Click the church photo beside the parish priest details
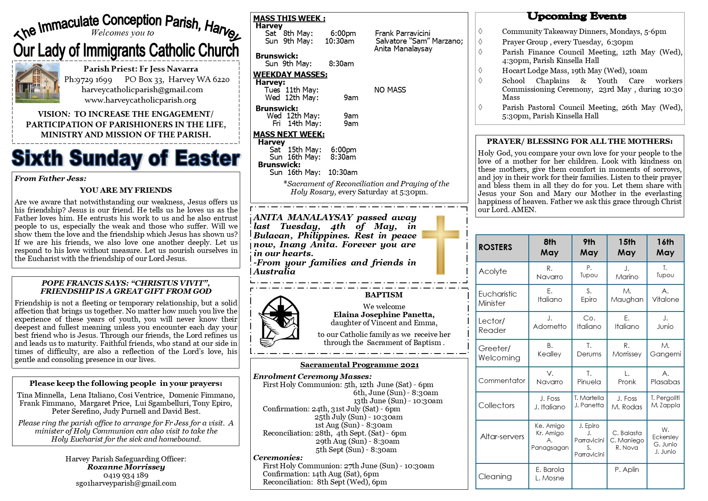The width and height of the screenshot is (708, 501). (x=37, y=82)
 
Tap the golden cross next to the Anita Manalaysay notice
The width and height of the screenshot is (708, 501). (x=440, y=245)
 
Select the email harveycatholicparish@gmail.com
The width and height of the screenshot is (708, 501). (x=142, y=90)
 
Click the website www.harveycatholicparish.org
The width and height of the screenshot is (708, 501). (x=140, y=100)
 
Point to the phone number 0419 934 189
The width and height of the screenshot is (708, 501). (x=126, y=475)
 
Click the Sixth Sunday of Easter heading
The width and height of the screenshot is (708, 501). (x=126, y=158)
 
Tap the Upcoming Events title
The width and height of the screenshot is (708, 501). (x=576, y=17)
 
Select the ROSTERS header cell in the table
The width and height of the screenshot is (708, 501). (x=502, y=247)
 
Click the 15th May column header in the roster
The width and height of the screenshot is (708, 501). (x=626, y=247)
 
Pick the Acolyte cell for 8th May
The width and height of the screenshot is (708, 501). (x=549, y=273)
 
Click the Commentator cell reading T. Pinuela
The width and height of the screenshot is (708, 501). (x=589, y=378)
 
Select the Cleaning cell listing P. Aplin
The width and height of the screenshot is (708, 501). (x=626, y=469)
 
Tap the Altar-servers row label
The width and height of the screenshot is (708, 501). (x=502, y=436)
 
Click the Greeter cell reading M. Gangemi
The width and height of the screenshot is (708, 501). (x=665, y=350)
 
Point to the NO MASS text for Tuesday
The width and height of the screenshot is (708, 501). (x=390, y=90)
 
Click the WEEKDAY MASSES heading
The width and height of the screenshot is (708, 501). (x=290, y=74)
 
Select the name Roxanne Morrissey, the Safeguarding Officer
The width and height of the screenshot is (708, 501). (x=126, y=467)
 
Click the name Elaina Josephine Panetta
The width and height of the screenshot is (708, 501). (x=384, y=315)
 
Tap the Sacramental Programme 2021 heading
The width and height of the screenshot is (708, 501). (x=359, y=365)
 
